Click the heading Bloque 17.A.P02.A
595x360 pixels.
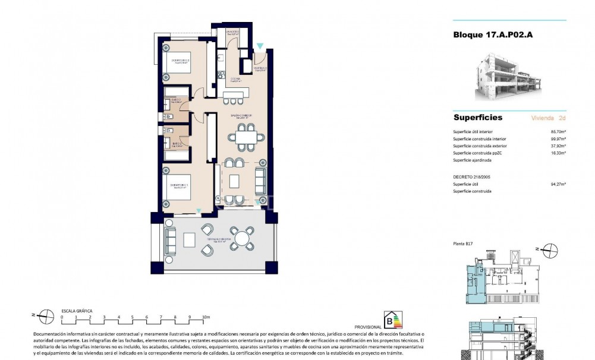pyautogui.click(x=493, y=35)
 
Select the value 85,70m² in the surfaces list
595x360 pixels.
pyautogui.click(x=558, y=132)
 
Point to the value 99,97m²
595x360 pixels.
pyautogui.click(x=558, y=139)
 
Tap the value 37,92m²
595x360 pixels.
pyautogui.click(x=558, y=146)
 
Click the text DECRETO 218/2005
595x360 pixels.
pyautogui.click(x=472, y=177)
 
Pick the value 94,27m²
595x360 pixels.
pyautogui.click(x=558, y=184)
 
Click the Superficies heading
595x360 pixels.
pyautogui.click(x=477, y=118)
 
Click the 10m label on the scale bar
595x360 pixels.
pyautogui.click(x=206, y=317)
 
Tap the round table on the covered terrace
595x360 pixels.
pyautogui.click(x=242, y=239)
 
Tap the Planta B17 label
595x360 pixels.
pyautogui.click(x=461, y=244)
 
